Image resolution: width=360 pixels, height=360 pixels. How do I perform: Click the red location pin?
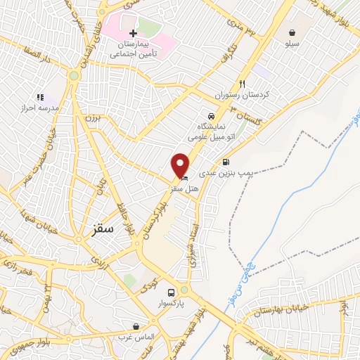click(181, 165)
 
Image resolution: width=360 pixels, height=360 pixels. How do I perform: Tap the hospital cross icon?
click(134, 33)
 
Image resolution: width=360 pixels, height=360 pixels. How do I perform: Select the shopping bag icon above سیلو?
click(292, 32)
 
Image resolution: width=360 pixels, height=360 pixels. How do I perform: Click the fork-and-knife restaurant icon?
click(243, 82)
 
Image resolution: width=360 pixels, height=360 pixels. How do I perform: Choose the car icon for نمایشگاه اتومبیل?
click(210, 115)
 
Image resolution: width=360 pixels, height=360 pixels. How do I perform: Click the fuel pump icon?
click(226, 162)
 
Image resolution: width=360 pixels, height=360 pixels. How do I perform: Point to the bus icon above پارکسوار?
click(170, 292)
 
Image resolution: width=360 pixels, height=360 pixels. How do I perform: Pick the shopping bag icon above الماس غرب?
click(136, 326)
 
